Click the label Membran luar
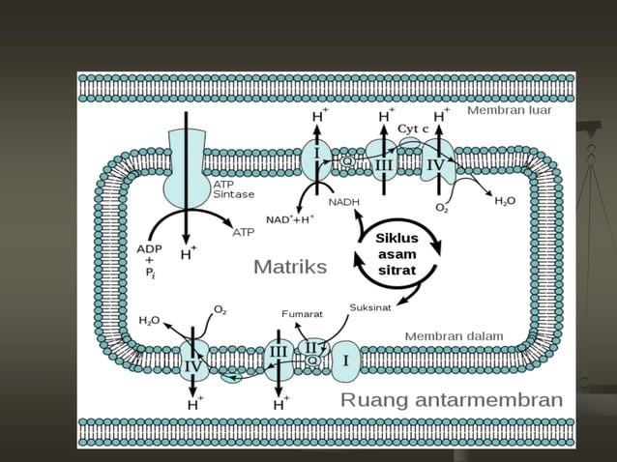pos(509,111)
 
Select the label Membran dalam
pos(453,336)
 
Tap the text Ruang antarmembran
pos(451,400)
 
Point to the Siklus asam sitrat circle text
pos(396,254)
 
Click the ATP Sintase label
pos(234,189)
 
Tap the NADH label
pos(343,202)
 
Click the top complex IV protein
pos(437,165)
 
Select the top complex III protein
pos(385,164)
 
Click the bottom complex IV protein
pos(193,365)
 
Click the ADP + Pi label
pos(141,260)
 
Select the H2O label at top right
pos(506,201)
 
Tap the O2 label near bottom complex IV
pos(220,309)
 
